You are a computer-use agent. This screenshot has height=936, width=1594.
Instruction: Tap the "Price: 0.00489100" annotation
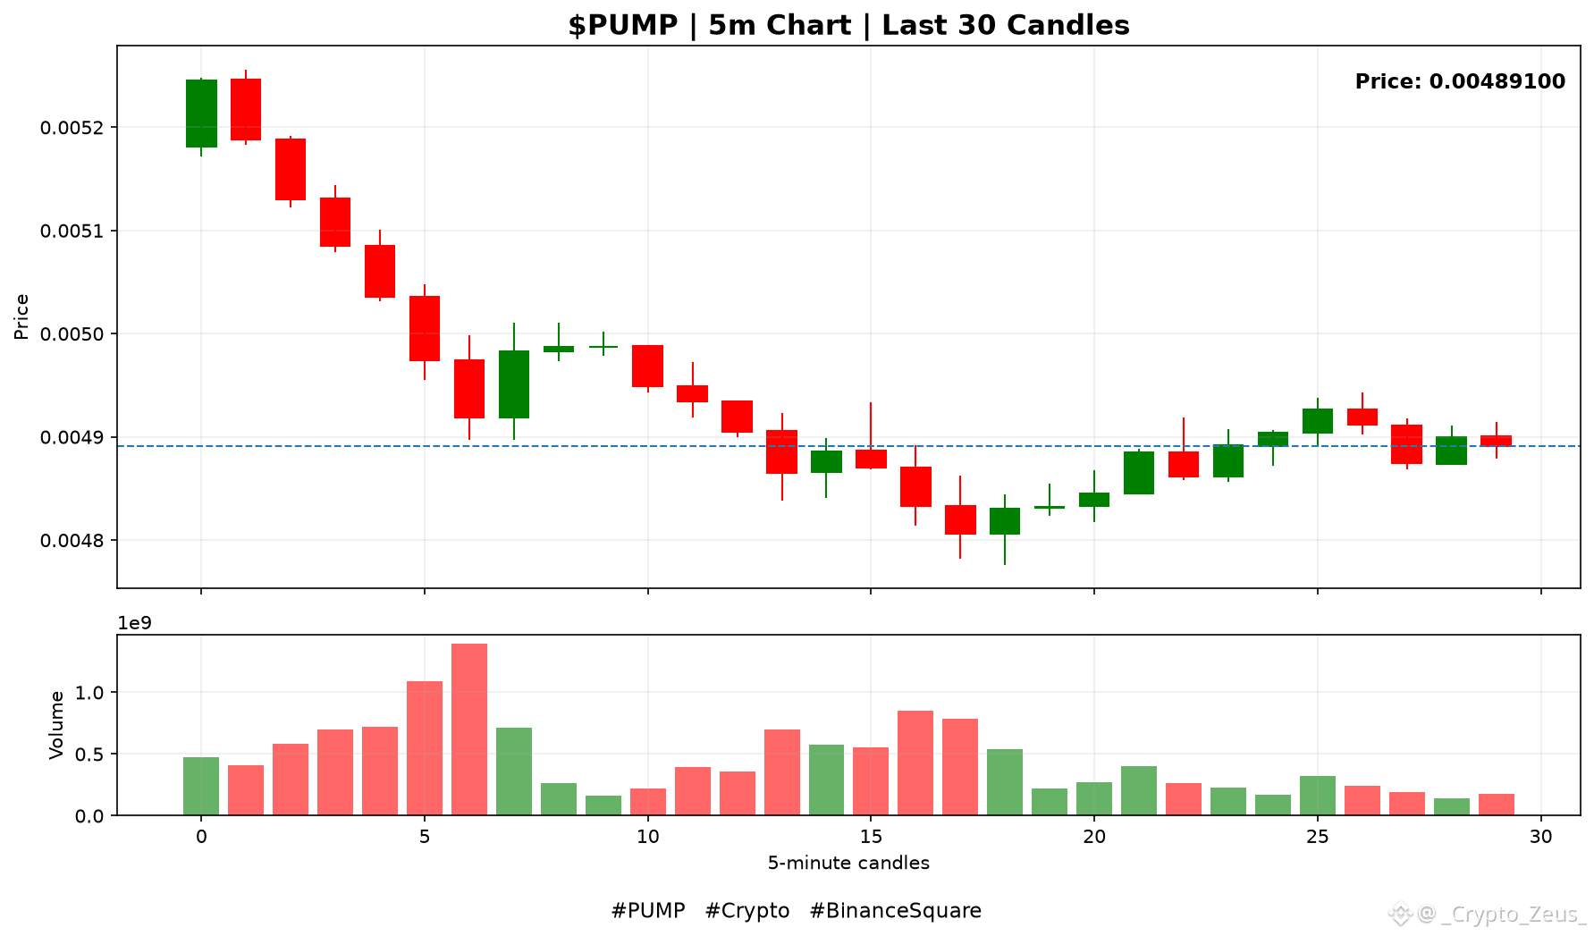click(x=1460, y=81)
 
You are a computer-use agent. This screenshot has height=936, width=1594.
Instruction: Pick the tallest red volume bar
click(x=469, y=729)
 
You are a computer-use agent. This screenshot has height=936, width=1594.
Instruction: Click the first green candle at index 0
click(x=201, y=114)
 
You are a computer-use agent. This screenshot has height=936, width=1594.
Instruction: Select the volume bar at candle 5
click(x=425, y=748)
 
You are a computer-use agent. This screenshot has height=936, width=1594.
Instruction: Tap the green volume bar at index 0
click(x=201, y=786)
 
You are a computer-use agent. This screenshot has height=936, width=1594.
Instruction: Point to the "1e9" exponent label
click(x=135, y=623)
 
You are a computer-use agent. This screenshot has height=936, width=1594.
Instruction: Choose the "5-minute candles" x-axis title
click(x=848, y=863)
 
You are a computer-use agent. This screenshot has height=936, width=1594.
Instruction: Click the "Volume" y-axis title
click(x=56, y=725)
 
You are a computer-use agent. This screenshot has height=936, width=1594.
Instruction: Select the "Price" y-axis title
click(x=21, y=316)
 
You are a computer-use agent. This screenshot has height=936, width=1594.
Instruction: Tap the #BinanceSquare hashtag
click(x=895, y=911)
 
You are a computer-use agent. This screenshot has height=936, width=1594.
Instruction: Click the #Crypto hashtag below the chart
click(x=747, y=911)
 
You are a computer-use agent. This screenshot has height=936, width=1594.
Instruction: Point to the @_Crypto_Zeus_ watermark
click(x=1491, y=915)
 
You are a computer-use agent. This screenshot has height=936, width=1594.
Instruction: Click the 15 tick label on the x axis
click(x=871, y=837)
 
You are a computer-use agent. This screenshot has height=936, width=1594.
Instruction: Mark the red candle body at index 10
click(x=647, y=366)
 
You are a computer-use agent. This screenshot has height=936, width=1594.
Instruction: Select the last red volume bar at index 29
click(x=1497, y=805)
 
